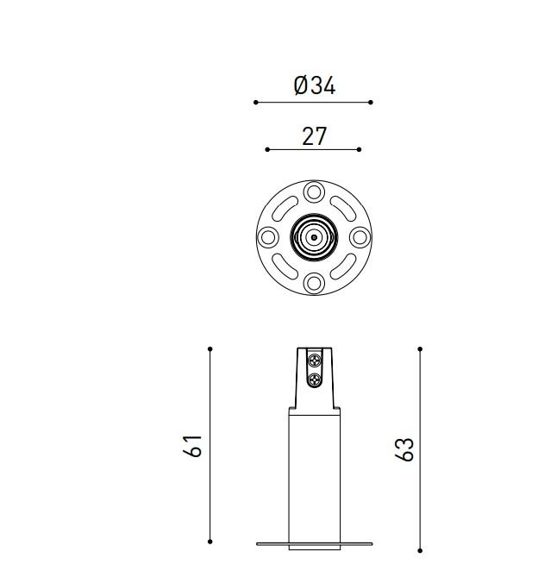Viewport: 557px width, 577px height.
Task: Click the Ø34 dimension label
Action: (315, 85)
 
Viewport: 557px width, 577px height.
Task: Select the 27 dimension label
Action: (314, 136)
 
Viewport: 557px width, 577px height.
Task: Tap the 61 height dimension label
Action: (193, 446)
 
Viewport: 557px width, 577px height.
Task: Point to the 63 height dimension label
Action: (404, 449)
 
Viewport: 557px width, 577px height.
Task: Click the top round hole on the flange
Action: (314, 191)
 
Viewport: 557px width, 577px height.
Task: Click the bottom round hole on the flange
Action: (314, 283)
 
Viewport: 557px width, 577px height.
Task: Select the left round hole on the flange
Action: (268, 237)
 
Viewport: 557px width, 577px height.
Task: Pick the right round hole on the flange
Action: (360, 237)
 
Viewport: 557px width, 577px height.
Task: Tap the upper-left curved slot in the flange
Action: (285, 209)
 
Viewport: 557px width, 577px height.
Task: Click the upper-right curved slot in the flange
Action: (343, 209)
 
